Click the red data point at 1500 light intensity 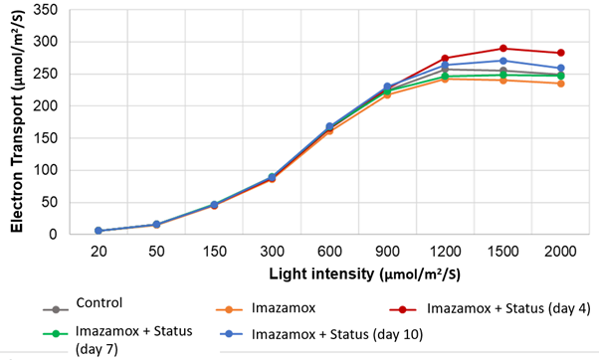click(x=503, y=49)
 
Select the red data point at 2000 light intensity click(x=561, y=53)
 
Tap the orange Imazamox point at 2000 click(x=561, y=84)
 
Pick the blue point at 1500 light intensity click(x=503, y=61)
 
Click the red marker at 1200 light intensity click(x=445, y=59)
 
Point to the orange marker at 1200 click(x=445, y=79)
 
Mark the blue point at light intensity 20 click(x=99, y=231)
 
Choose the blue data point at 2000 click(x=561, y=69)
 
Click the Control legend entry click(x=83, y=305)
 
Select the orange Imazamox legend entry click(x=266, y=308)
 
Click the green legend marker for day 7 click(x=56, y=333)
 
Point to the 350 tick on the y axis click(x=46, y=10)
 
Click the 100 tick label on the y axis click(x=46, y=170)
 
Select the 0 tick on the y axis click(x=53, y=235)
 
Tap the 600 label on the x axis click(x=329, y=252)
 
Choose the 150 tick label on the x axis click(x=214, y=252)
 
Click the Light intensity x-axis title click(x=365, y=274)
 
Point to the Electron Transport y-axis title click(x=18, y=121)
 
